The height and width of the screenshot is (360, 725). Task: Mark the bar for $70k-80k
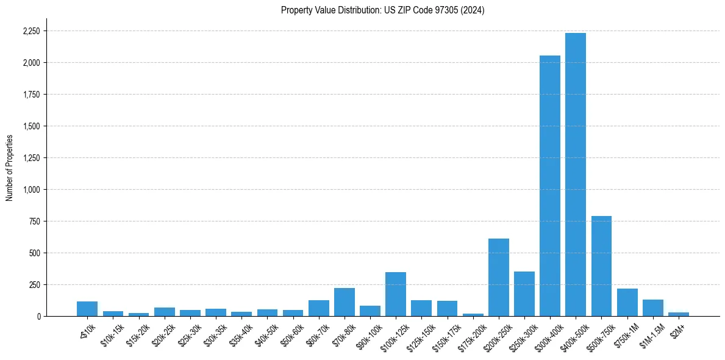click(x=345, y=302)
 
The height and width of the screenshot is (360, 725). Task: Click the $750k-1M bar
click(x=627, y=303)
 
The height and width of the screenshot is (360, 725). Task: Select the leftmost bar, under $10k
click(x=87, y=309)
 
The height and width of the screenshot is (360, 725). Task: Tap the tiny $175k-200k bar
click(x=473, y=315)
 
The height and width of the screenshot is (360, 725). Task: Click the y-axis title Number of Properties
click(x=9, y=167)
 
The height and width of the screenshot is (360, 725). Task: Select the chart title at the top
click(x=382, y=10)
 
